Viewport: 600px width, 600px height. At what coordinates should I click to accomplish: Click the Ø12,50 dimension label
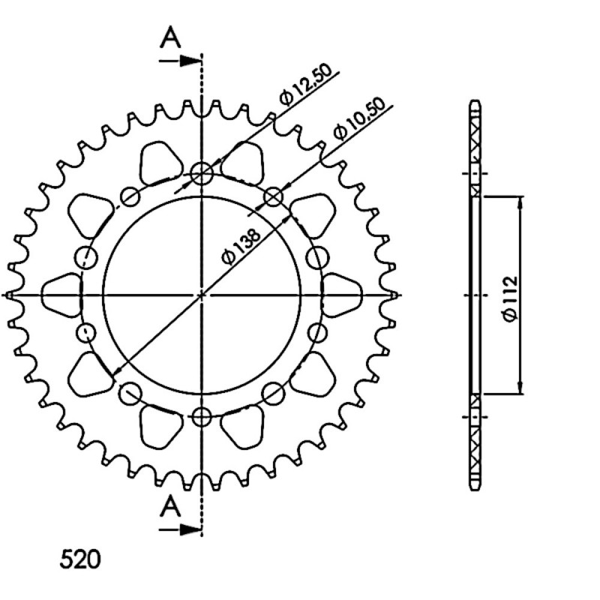(x=304, y=86)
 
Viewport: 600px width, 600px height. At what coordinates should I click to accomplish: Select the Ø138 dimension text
(x=241, y=246)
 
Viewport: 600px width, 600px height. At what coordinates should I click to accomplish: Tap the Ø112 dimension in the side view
(x=511, y=298)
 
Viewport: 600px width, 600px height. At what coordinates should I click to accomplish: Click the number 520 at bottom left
(x=80, y=559)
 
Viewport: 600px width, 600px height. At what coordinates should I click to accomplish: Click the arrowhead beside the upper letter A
(x=190, y=61)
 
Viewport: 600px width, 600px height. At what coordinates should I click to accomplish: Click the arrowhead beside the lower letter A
(x=190, y=529)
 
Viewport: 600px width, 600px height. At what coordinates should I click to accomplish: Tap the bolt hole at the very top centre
(x=202, y=174)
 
